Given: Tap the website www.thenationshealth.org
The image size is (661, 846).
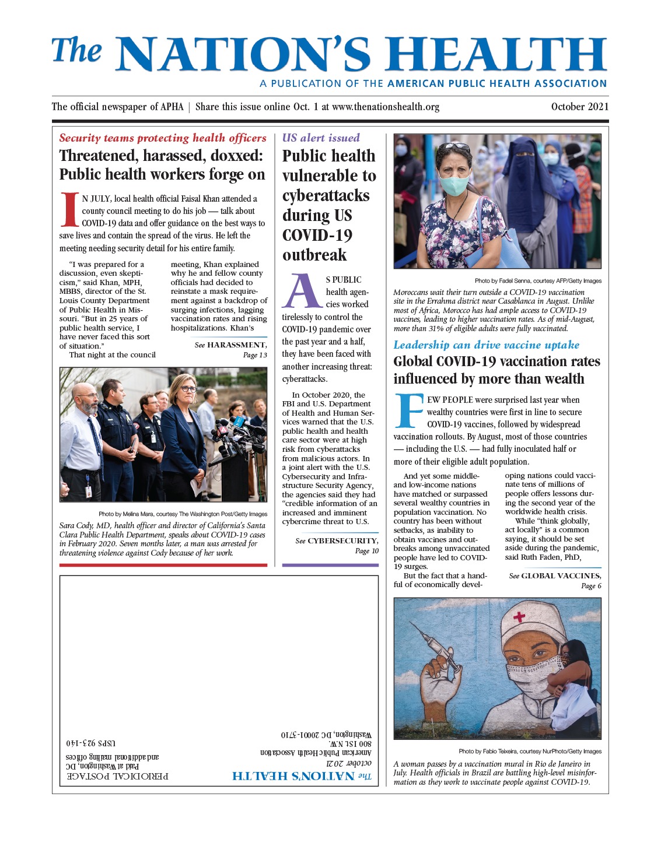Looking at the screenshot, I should tap(385, 107).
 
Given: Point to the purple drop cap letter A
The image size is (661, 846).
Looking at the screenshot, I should tap(302, 292).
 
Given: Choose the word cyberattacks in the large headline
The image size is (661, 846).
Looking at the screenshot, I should tap(326, 195).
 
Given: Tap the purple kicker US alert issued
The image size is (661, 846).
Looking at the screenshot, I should tap(321, 138).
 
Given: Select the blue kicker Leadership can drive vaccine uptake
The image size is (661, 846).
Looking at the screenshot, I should tap(487, 345).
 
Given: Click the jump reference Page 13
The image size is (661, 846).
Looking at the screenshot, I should tap(255, 355).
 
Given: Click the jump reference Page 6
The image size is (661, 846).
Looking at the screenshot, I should tap(591, 586).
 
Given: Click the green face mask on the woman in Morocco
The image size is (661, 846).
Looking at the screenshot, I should tap(454, 185).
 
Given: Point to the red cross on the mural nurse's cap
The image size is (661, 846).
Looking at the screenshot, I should tap(519, 616).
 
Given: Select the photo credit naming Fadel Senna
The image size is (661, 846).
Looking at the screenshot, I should tap(538, 280).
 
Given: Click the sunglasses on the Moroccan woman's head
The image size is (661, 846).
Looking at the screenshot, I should tap(454, 146).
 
